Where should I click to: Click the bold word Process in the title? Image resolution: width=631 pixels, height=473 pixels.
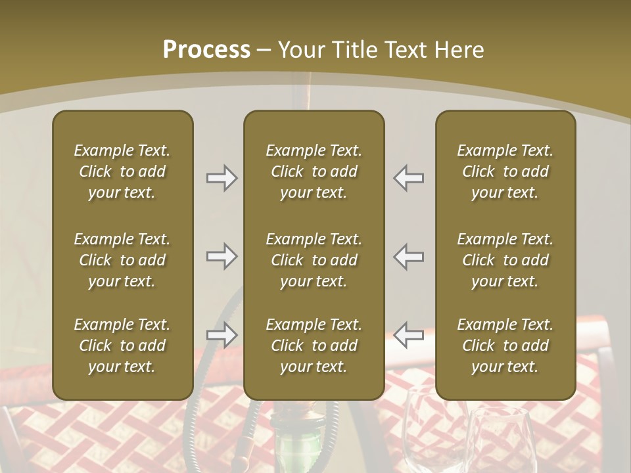click(x=206, y=50)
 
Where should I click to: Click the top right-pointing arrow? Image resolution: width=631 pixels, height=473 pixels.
click(x=222, y=178)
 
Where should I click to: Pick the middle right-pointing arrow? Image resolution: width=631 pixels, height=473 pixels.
click(x=222, y=256)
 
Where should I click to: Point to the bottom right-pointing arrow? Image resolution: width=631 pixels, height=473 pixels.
click(x=222, y=334)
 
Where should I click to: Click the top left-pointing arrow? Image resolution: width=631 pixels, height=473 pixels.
click(x=409, y=178)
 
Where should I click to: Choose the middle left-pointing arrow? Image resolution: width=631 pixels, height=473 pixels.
click(x=409, y=256)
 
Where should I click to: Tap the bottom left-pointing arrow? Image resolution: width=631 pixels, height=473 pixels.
click(x=409, y=334)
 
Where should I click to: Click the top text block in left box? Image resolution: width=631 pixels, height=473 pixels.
click(x=122, y=171)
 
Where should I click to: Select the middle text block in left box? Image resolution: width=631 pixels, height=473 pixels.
click(x=122, y=260)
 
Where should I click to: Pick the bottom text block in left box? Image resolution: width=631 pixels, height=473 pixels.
click(x=122, y=346)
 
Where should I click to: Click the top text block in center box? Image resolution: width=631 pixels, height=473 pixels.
click(x=314, y=171)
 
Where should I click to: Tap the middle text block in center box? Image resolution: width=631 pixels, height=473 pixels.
click(x=314, y=260)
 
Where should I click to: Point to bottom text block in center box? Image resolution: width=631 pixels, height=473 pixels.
click(x=314, y=346)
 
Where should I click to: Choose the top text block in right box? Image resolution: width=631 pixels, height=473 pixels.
click(x=505, y=171)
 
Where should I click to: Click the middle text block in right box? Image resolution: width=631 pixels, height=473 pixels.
click(x=505, y=260)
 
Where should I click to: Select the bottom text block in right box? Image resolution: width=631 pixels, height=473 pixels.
click(x=505, y=346)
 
